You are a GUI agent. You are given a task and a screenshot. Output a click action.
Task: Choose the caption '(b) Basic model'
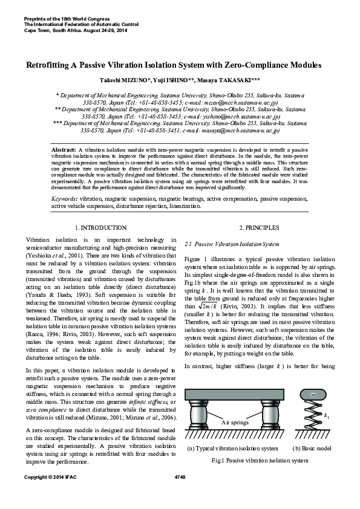click(x=312, y=448)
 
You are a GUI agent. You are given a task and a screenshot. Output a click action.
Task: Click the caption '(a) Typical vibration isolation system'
click(x=233, y=448)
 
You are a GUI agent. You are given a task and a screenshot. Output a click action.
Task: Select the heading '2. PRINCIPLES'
click(x=259, y=227)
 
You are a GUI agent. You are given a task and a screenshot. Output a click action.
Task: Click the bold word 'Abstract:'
click(x=64, y=148)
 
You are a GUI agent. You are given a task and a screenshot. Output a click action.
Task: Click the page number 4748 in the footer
click(x=179, y=494)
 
